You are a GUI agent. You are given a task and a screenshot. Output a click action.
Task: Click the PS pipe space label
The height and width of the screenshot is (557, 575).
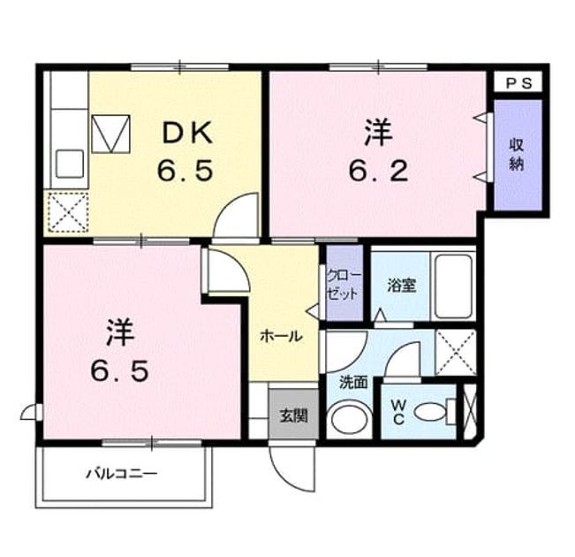pyautogui.click(x=518, y=84)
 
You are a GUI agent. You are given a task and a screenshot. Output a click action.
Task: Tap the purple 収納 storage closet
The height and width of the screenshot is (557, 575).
pyautogui.click(x=518, y=155)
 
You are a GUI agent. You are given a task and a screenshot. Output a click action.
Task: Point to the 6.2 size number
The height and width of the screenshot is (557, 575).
pyautogui.click(x=378, y=172)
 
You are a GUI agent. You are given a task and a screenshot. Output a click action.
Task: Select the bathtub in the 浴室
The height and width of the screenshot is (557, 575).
pyautogui.click(x=453, y=286)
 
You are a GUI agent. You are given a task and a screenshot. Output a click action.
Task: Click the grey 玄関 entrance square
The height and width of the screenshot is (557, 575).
pyautogui.click(x=293, y=414)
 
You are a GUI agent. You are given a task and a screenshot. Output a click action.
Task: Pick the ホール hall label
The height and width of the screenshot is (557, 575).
pyautogui.click(x=281, y=336)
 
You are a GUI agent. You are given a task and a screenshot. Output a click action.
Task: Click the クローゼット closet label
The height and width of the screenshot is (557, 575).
pyautogui.click(x=344, y=285)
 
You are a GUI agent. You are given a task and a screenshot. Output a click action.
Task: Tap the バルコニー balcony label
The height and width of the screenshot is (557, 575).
pyautogui.click(x=122, y=474)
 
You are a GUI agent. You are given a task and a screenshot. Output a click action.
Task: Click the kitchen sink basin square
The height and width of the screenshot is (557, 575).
pyautogui.click(x=70, y=164)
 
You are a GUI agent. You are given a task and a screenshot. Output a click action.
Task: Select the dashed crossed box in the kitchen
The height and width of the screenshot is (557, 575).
pyautogui.click(x=69, y=212)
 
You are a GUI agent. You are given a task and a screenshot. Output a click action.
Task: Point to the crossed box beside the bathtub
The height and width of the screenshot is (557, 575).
pyautogui.click(x=456, y=352)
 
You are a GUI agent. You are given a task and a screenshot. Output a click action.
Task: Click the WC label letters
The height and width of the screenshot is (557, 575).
pyautogui.click(x=398, y=412)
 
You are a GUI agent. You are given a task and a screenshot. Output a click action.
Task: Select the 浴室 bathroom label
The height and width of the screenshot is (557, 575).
pyautogui.click(x=402, y=286)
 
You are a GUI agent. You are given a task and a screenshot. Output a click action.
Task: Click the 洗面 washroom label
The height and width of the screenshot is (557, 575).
pyautogui.click(x=353, y=383)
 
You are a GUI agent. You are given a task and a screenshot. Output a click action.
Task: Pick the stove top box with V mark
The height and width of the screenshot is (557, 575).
pyautogui.click(x=110, y=134)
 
